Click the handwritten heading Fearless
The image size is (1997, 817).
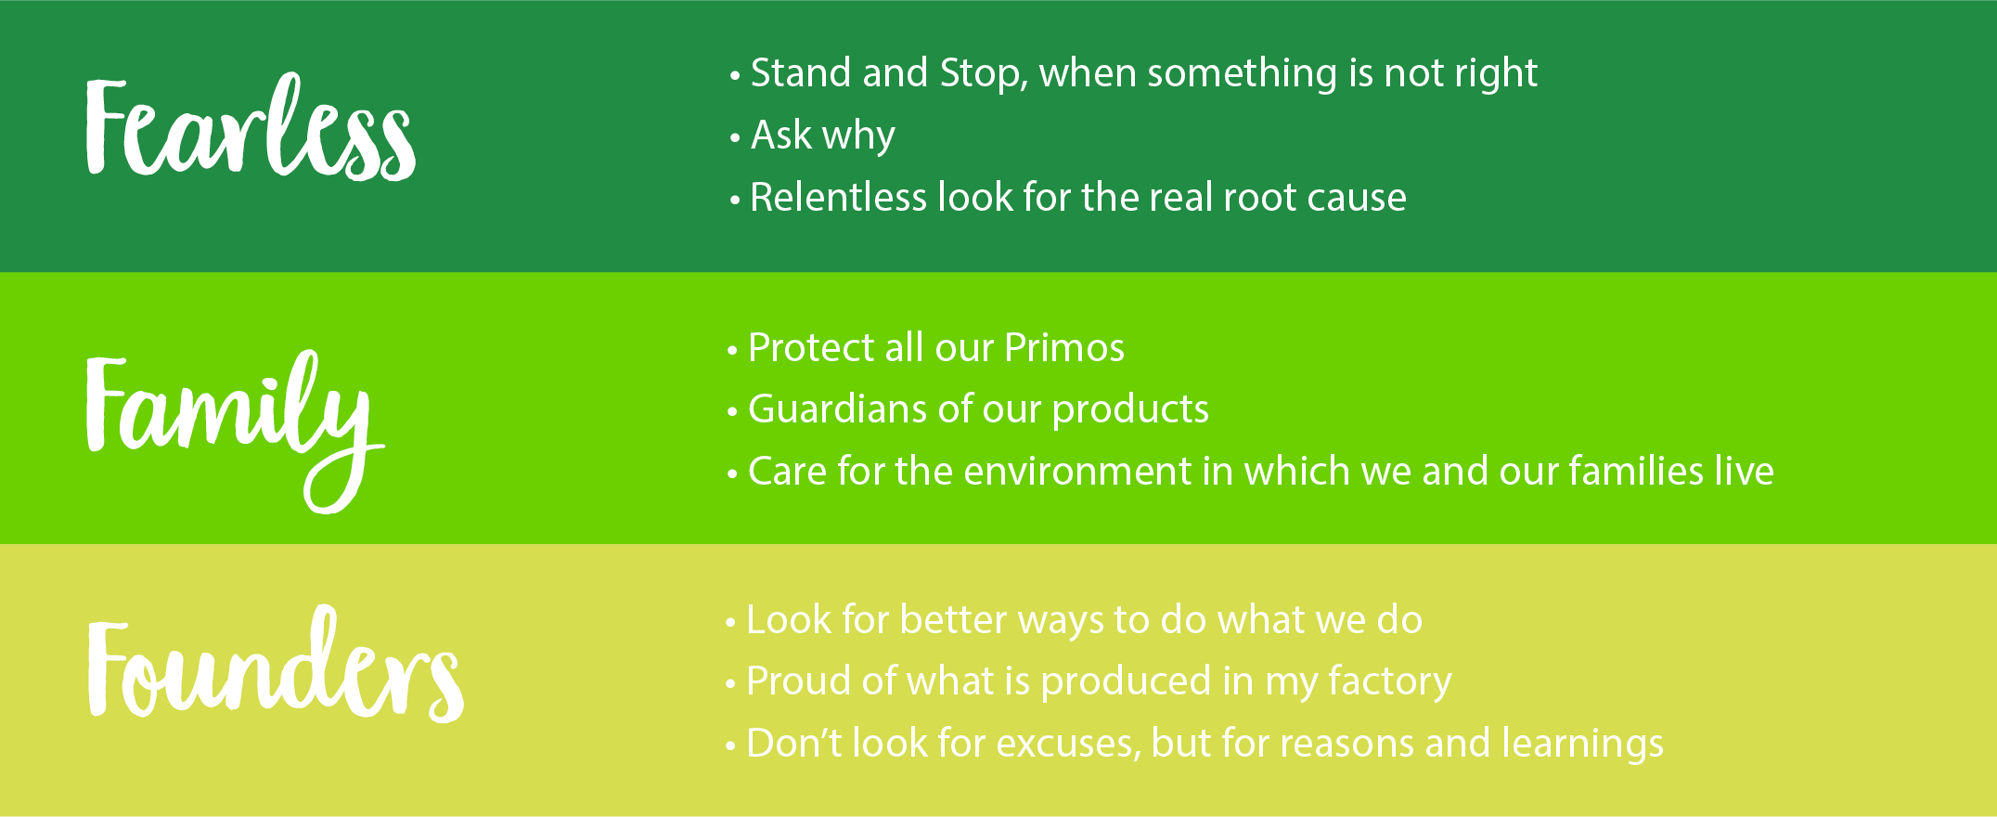251,127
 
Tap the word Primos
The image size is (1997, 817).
1064,347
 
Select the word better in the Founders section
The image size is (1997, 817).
953,619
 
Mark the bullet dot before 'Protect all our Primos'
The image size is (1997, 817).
732,351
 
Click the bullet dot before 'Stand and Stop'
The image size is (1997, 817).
735,76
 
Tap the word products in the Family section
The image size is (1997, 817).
1130,409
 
